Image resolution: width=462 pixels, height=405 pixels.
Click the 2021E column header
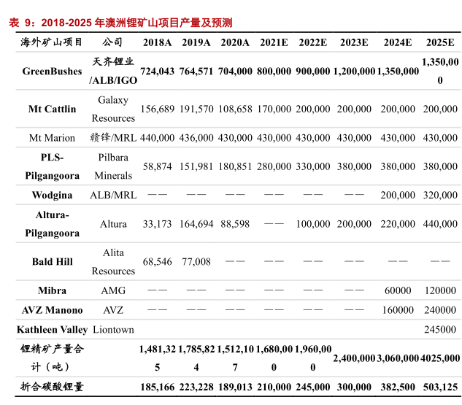click(x=274, y=42)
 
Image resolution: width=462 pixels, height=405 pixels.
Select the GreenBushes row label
click(x=52, y=72)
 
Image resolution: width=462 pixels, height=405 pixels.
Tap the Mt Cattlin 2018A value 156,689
click(x=157, y=109)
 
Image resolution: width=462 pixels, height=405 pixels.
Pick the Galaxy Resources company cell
click(x=113, y=109)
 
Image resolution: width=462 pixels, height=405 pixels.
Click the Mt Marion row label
click(x=52, y=138)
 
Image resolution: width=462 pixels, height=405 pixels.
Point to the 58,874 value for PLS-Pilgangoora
click(x=157, y=166)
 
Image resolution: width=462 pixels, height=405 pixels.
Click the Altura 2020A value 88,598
click(x=235, y=224)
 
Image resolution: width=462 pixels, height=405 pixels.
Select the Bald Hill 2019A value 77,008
click(x=196, y=262)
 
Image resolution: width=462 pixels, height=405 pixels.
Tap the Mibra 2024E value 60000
click(x=398, y=290)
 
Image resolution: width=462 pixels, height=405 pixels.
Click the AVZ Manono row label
click(x=52, y=310)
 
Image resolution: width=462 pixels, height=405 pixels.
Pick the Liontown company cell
click(x=113, y=330)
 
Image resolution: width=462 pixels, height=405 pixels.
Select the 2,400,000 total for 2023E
click(x=353, y=358)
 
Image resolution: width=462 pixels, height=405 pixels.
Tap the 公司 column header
click(x=113, y=42)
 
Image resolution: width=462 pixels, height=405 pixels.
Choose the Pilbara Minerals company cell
click(x=113, y=166)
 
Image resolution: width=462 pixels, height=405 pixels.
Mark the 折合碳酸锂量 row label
click(x=52, y=387)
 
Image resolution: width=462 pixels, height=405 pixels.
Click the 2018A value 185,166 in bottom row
click(x=157, y=387)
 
